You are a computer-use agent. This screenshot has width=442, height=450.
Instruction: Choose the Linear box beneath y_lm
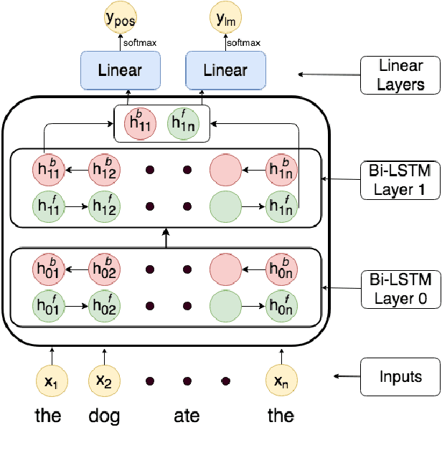click(225, 70)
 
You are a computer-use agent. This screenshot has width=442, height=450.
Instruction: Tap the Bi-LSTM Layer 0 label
click(401, 289)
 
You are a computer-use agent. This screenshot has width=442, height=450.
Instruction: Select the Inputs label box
click(400, 376)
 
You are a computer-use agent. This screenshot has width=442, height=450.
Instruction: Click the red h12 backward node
click(105, 171)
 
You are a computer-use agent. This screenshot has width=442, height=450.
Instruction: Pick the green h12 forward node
click(105, 206)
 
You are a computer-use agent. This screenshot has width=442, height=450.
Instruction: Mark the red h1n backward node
click(281, 171)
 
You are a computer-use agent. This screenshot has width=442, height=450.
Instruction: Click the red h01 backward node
click(47, 269)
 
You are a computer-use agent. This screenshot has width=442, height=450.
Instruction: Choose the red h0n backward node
click(281, 269)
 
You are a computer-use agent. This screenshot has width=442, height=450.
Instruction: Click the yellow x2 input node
click(105, 380)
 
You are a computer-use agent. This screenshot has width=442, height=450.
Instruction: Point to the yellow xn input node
click(281, 380)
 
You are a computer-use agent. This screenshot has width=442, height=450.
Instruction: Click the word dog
click(105, 416)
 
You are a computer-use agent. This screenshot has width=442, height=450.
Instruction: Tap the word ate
click(187, 416)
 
